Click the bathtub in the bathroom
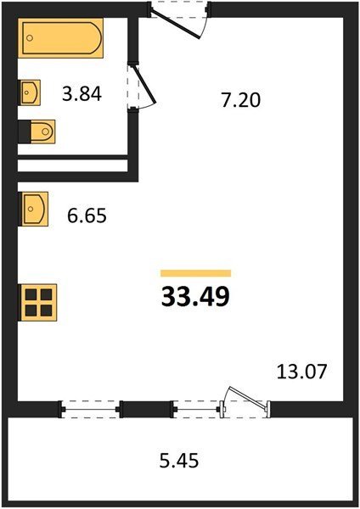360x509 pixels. coord(60,38)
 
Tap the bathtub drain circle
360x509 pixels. coord(30,38)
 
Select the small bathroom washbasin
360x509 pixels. coord(30,92)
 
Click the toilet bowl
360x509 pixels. coord(43,131)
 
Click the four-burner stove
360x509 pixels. coord(38,303)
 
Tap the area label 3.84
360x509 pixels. coord(82,94)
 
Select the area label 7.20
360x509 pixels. coord(241,100)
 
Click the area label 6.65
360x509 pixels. coord(87,215)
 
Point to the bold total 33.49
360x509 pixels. coord(195,297)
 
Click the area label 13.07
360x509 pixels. coord(301,372)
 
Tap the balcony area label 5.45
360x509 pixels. coord(179,461)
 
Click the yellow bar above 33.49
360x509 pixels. coord(195,273)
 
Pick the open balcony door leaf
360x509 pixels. coord(247,397)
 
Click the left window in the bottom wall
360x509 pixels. coord(90,409)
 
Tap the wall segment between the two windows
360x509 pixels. coord(147,410)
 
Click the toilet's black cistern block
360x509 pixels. coord(25,131)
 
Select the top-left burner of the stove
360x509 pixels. coord(31,294)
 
